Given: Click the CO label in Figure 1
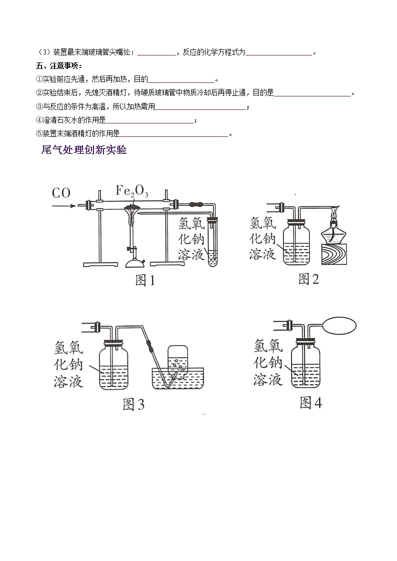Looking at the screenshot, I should [61, 193].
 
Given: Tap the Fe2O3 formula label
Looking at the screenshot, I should [132, 190].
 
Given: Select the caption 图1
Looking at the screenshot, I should [145, 281].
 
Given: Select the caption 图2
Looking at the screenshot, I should [308, 279].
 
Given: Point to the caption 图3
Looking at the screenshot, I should [133, 404].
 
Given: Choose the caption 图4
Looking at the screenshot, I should [310, 403].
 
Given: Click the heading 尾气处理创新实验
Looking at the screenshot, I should [83, 150].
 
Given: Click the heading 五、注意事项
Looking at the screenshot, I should [59, 66].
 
